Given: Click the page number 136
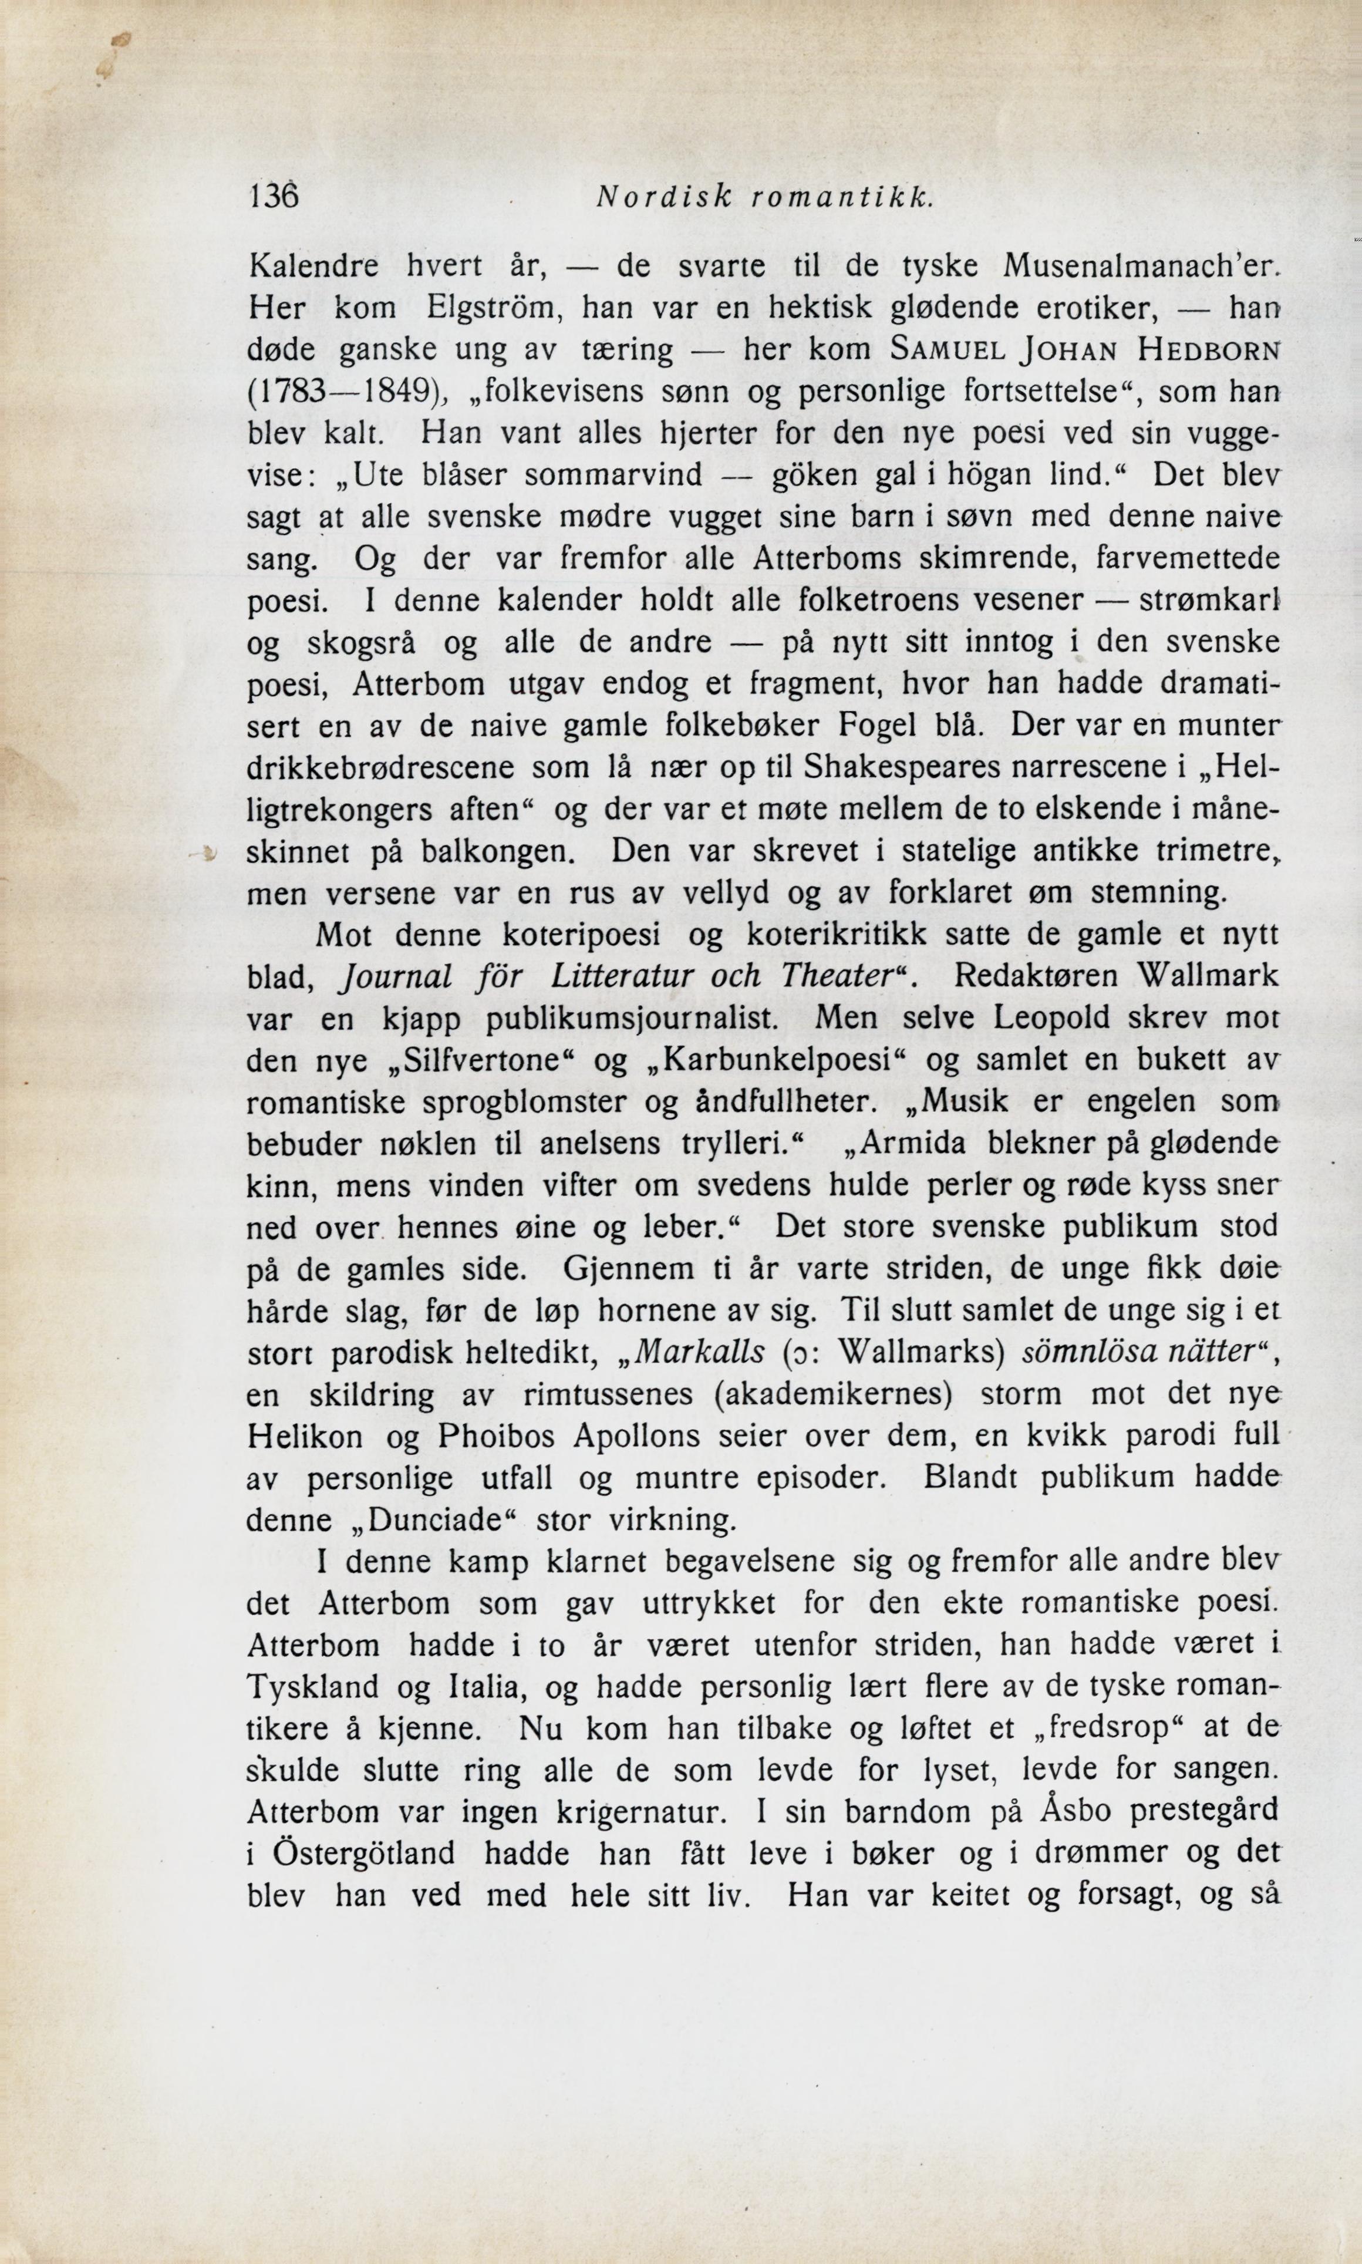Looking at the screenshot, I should [x=274, y=196].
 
